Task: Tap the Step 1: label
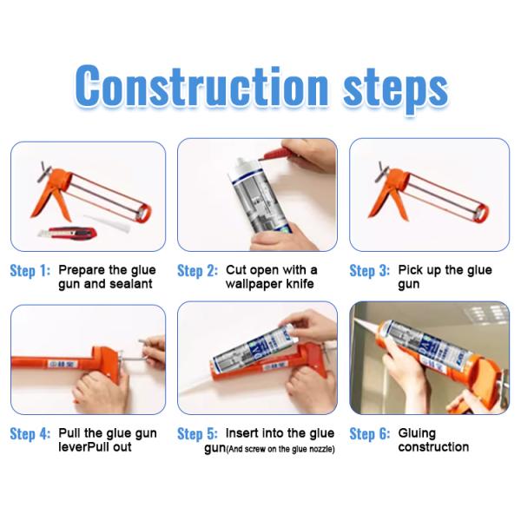click(x=30, y=271)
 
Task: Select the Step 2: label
click(x=197, y=271)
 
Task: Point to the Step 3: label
click(x=369, y=271)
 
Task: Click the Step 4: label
click(x=30, y=433)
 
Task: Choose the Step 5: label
click(x=197, y=433)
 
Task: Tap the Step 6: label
click(x=369, y=433)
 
